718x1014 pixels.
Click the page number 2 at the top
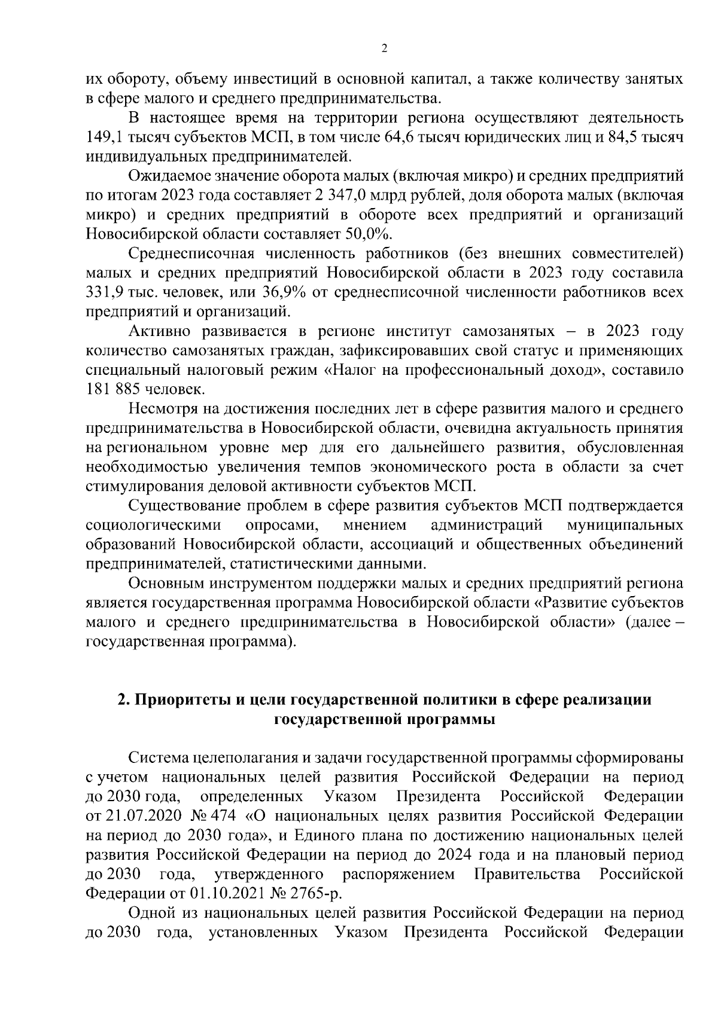[384, 48]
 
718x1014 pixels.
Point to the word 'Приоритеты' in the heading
[178, 700]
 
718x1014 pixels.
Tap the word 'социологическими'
[154, 526]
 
